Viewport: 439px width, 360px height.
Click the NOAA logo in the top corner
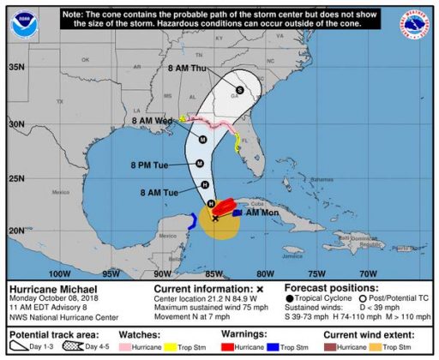click(25, 24)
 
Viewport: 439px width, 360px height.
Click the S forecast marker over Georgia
click(240, 89)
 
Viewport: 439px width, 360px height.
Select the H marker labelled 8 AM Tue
click(205, 185)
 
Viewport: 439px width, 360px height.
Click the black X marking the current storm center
click(215, 218)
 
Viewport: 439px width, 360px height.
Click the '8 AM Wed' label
click(153, 122)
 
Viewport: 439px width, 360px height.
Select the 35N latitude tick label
click(15, 66)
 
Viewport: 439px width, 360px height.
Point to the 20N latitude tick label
click(15, 230)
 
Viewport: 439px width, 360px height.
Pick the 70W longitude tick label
click(368, 273)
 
